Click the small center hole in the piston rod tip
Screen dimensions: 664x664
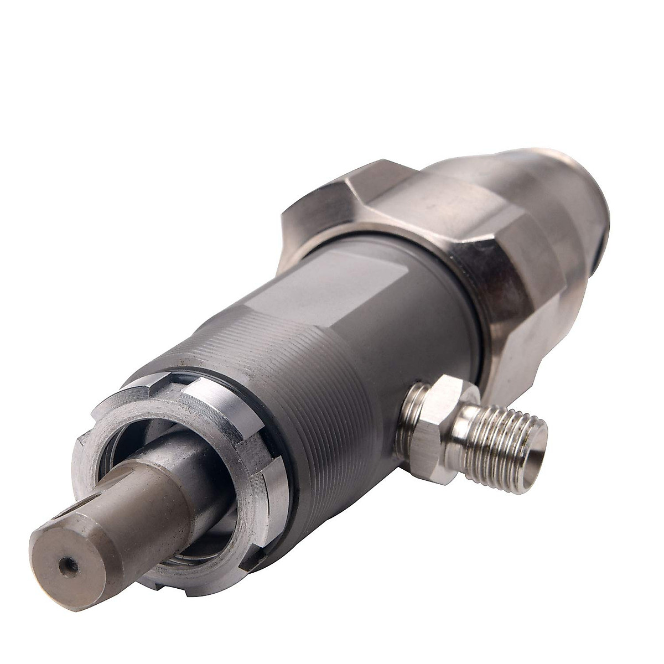pyautogui.click(x=69, y=565)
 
